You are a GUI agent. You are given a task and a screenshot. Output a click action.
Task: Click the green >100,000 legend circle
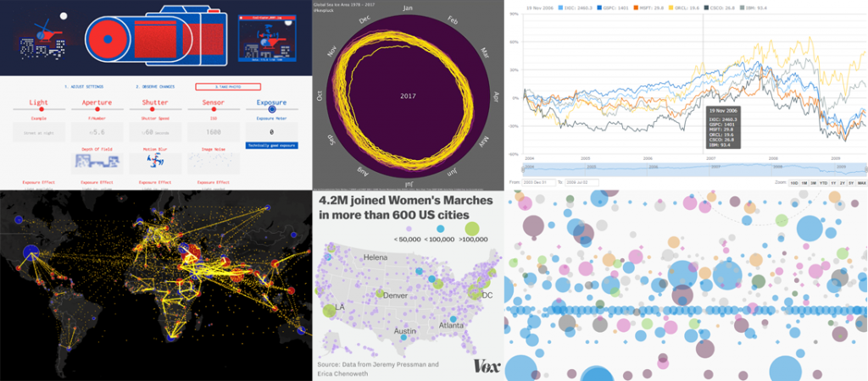[471, 227]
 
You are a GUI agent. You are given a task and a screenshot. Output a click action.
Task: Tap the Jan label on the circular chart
[409, 8]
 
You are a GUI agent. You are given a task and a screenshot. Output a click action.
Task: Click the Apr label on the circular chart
[496, 96]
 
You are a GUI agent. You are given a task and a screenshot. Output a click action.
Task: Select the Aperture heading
[97, 102]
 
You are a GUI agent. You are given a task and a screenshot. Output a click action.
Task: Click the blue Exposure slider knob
[272, 108]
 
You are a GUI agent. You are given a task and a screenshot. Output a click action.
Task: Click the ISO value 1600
[214, 132]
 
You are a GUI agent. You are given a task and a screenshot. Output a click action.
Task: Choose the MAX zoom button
[861, 182]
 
